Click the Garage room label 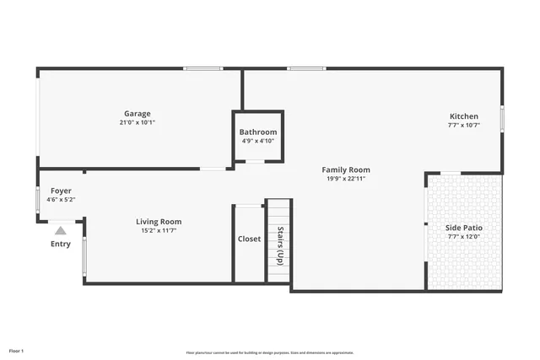[138, 114]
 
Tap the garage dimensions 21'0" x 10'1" [138, 122]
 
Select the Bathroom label [257, 132]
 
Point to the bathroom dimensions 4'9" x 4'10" [257, 141]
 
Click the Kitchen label [463, 116]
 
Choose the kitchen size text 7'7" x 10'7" [463, 125]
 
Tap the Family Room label [348, 169]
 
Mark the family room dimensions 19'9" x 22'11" [348, 178]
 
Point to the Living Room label [159, 222]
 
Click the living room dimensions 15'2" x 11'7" [159, 230]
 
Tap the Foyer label [61, 191]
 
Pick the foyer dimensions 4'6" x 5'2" [61, 200]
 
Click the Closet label [249, 239]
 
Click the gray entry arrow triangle [61, 229]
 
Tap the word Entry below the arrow [61, 244]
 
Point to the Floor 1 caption [17, 350]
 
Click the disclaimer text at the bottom [269, 352]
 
